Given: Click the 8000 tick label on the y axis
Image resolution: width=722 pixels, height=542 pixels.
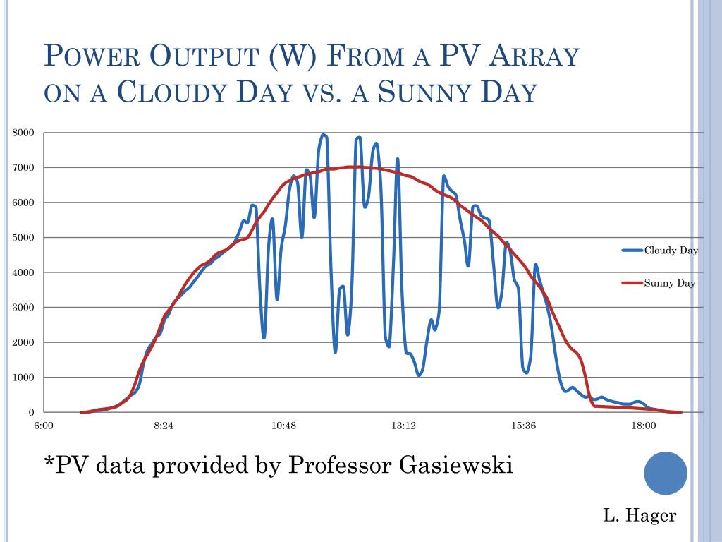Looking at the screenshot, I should [23, 133].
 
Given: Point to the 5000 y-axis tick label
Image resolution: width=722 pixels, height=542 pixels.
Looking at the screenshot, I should [23, 238].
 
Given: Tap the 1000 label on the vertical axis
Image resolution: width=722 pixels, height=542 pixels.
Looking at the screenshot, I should [23, 378].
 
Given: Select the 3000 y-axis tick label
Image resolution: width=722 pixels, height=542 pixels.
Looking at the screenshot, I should [23, 308].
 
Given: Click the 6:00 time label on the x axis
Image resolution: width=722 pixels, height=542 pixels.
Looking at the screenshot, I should [44, 426].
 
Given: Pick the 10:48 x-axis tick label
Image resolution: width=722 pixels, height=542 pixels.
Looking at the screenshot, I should [283, 426].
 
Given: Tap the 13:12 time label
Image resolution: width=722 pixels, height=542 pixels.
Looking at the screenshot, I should [403, 426].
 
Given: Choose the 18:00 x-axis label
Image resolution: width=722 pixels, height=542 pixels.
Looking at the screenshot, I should [643, 426].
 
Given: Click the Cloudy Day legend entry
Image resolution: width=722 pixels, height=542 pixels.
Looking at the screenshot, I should [671, 251].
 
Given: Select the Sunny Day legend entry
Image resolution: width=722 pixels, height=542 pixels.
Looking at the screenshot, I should [669, 284].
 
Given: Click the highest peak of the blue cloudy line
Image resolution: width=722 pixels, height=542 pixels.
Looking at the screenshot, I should [323, 135].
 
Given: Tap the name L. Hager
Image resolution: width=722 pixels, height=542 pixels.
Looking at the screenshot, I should [640, 516].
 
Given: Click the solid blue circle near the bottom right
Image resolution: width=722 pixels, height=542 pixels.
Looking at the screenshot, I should [666, 473].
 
